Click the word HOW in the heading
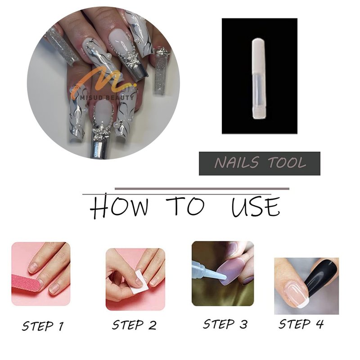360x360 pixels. coord(119,206)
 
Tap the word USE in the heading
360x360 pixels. coord(256,207)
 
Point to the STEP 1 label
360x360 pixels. coord(43,326)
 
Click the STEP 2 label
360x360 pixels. coord(134,325)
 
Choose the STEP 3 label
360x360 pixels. coord(225,324)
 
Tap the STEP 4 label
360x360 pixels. coord(301,324)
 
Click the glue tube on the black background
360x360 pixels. coord(260,79)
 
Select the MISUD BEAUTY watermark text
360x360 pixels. coord(107,98)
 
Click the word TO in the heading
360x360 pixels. coord(185,206)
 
